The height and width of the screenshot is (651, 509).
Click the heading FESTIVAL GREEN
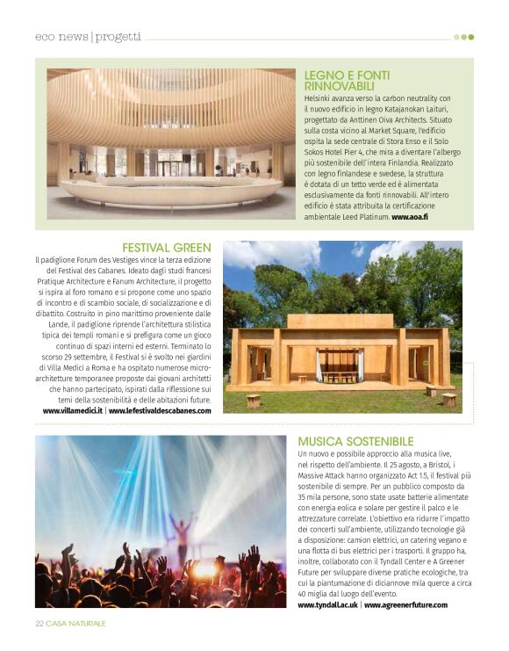167,249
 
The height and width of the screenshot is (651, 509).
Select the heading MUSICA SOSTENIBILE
355,440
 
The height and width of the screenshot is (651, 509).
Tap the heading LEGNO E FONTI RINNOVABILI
347,81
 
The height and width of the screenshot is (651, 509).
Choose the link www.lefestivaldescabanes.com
161,410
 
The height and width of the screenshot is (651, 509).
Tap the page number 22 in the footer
39,623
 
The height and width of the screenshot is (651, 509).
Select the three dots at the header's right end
463,37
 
